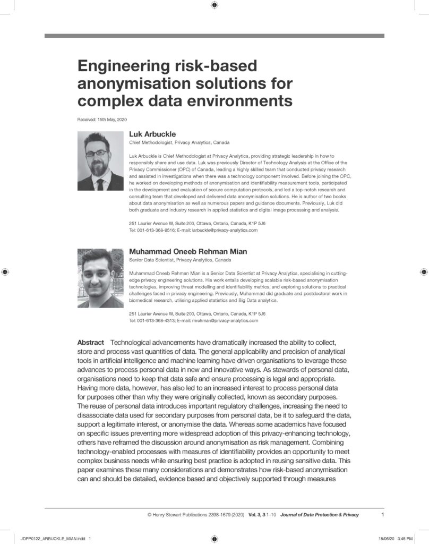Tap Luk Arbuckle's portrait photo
(100, 160)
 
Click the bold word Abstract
(91, 342)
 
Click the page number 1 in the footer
(383, 514)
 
